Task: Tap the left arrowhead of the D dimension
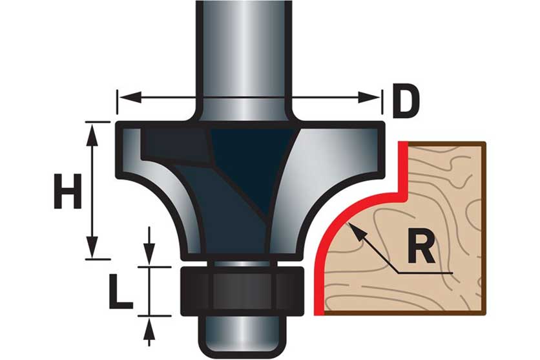click(x=124, y=98)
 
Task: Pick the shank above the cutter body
click(x=242, y=52)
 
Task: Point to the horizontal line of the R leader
click(x=426, y=272)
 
